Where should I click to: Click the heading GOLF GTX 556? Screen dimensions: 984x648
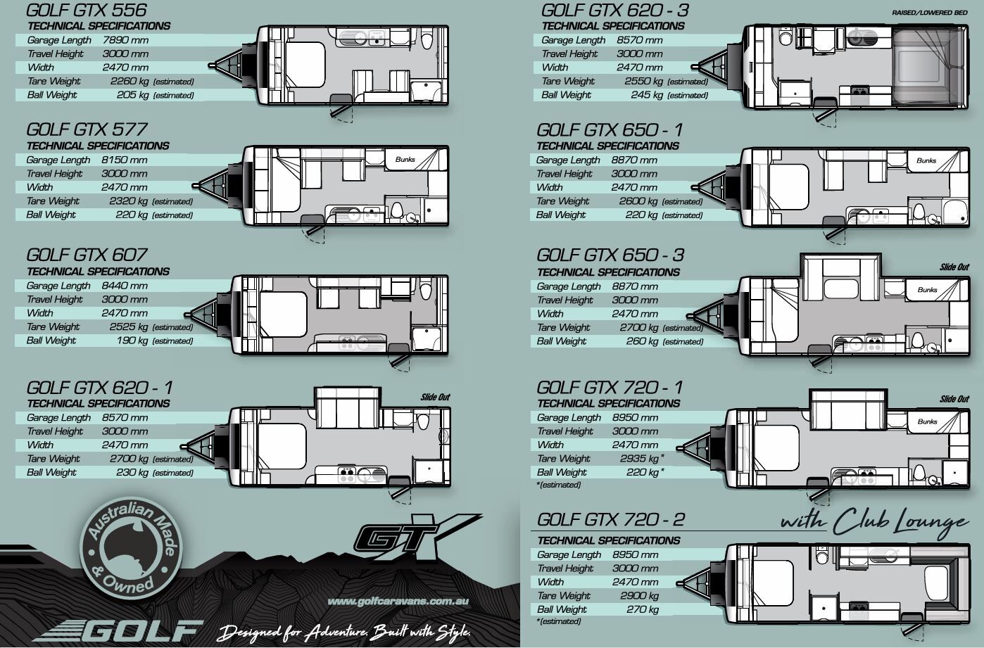pyautogui.click(x=87, y=10)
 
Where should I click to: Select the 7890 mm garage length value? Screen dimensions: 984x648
pyautogui.click(x=125, y=40)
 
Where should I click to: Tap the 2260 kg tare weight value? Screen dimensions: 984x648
pyautogui.click(x=130, y=81)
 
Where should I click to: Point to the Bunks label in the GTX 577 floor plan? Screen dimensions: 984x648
pyautogui.click(x=405, y=160)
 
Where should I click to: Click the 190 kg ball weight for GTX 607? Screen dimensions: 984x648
pyautogui.click(x=132, y=341)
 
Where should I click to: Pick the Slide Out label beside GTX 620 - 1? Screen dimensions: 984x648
pyautogui.click(x=435, y=398)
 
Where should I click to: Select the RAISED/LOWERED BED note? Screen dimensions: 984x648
pyautogui.click(x=930, y=13)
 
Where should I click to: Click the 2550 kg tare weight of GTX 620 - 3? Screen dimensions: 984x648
pyautogui.click(x=643, y=81)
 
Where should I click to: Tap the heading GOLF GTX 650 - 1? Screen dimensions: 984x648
pyautogui.click(x=610, y=130)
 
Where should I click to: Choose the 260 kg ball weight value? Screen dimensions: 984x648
pyautogui.click(x=642, y=341)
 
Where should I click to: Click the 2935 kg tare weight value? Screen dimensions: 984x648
pyautogui.click(x=639, y=459)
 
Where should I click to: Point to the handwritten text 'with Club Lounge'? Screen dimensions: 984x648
pyautogui.click(x=874, y=523)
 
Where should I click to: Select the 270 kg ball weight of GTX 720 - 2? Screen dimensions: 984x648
pyautogui.click(x=643, y=609)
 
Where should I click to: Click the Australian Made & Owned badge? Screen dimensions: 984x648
pyautogui.click(x=131, y=548)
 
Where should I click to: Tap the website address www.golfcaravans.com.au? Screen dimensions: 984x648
pyautogui.click(x=398, y=602)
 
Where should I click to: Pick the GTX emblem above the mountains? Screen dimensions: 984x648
pyautogui.click(x=417, y=538)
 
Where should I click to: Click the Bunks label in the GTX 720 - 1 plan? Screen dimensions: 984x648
pyautogui.click(x=927, y=421)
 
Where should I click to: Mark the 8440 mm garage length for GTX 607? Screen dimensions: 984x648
pyautogui.click(x=125, y=286)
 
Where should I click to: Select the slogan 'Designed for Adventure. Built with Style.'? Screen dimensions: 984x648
pyautogui.click(x=343, y=633)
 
